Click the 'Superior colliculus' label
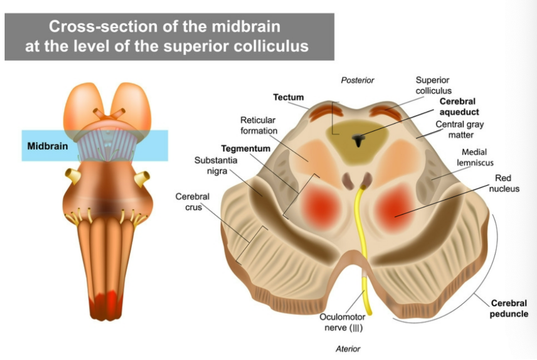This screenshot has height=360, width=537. coord(433,85)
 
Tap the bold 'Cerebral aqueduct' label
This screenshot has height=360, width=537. coord(459,106)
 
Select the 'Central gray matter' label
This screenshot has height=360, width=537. coord(459,129)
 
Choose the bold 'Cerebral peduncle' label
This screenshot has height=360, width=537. coord(509,308)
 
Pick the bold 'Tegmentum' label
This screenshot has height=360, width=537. coord(245,149)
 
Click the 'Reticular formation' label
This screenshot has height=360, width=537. coord(259,125)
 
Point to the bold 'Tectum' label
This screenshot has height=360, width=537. coord(288,97)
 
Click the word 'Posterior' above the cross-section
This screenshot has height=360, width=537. coord(358,80)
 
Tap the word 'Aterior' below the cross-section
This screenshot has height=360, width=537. coord(348,349)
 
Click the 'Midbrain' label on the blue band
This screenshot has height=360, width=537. coord(47,146)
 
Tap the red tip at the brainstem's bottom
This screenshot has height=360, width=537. coord(105,302)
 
